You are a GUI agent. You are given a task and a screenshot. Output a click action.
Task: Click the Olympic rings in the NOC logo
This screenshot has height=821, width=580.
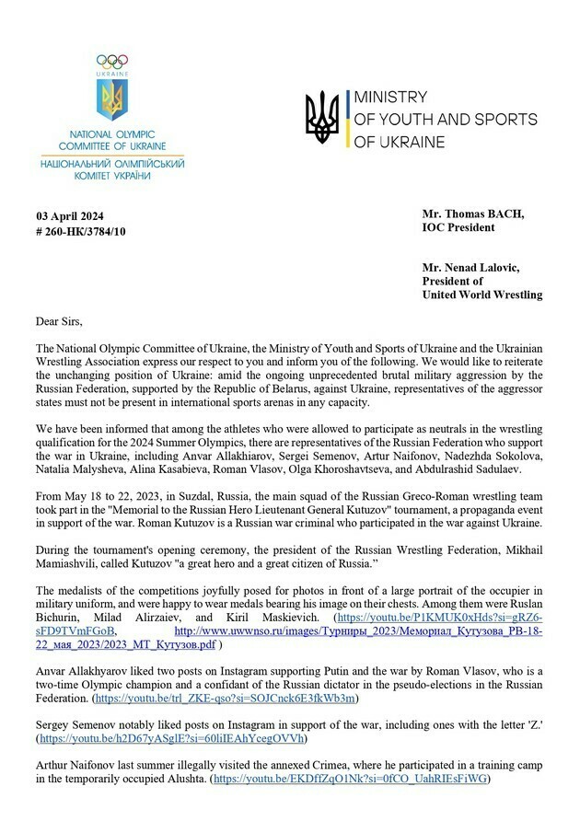[112, 61]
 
